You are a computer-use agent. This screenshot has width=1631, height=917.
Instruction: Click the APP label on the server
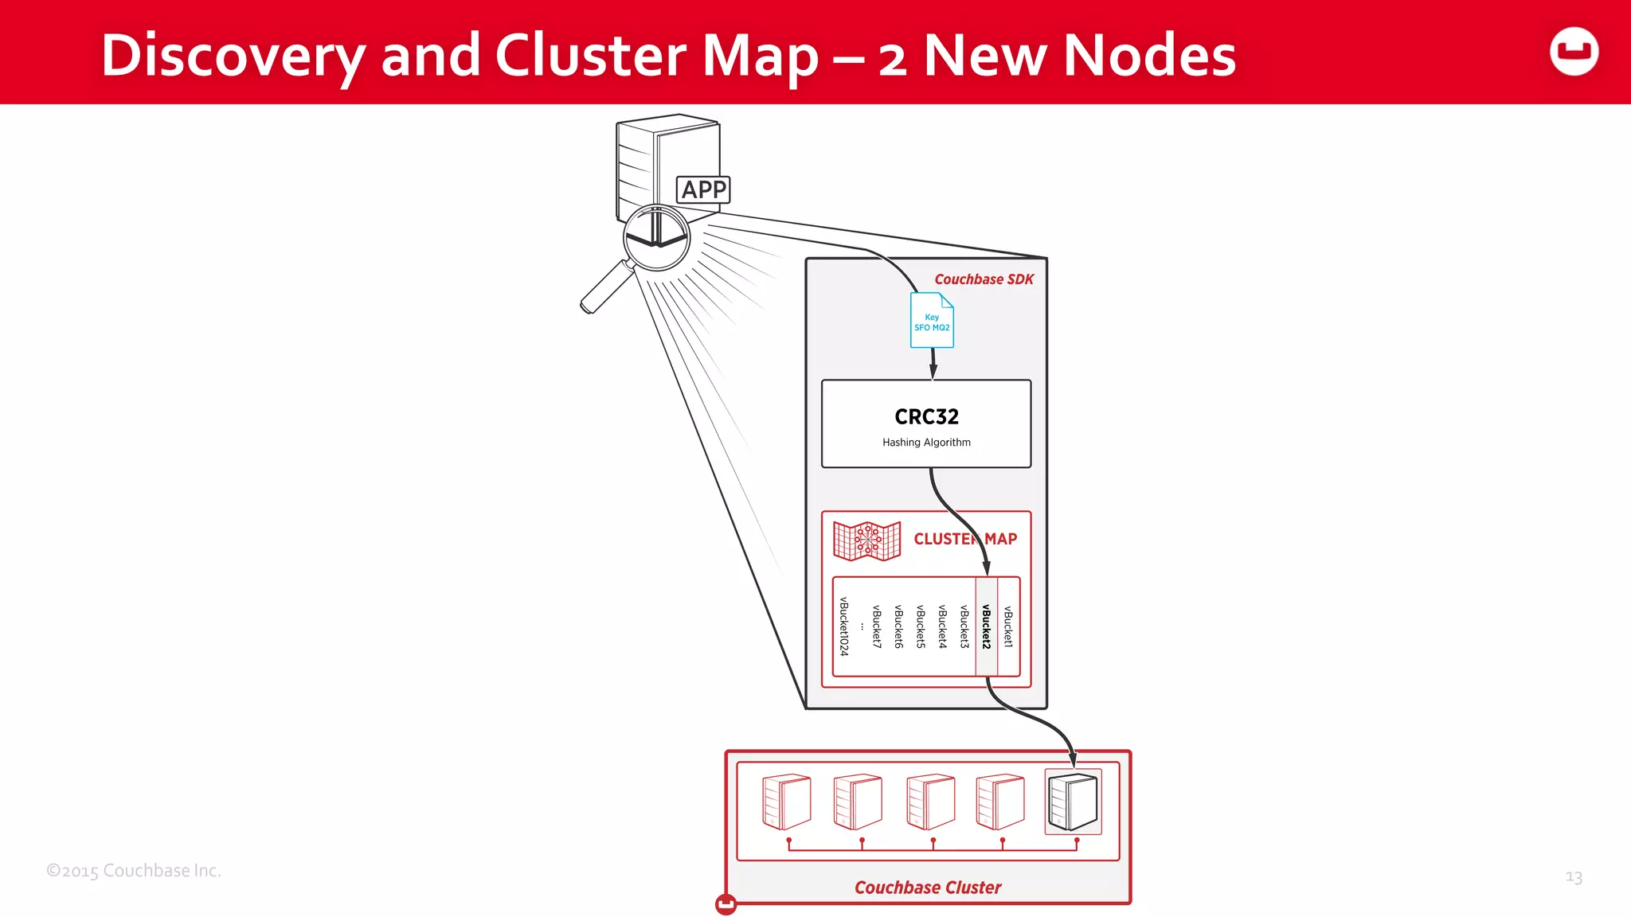coord(703,189)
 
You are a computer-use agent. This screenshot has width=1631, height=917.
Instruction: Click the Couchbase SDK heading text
coord(984,279)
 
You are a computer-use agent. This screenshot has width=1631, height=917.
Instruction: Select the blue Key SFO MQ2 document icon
coord(932,321)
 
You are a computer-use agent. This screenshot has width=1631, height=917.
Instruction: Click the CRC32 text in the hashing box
coord(926,416)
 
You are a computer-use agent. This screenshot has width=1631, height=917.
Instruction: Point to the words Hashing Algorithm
coord(926,443)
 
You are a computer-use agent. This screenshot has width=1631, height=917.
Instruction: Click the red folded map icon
coord(866,541)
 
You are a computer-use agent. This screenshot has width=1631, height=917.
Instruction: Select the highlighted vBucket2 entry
coord(986,626)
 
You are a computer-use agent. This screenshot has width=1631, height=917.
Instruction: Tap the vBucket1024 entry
coord(844,626)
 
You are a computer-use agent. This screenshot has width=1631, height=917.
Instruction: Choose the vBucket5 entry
coord(921,626)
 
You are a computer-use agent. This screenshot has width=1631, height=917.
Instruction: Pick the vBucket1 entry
coord(1008,626)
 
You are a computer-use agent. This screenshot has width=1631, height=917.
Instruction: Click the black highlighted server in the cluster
coord(1073,802)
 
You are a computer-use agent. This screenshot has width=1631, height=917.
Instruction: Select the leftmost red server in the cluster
coord(787,802)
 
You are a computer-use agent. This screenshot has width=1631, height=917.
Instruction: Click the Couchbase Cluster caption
coord(927,888)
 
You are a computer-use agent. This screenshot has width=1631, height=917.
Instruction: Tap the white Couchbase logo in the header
coord(1574,52)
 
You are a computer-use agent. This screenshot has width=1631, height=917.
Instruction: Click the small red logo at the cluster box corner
coord(726,904)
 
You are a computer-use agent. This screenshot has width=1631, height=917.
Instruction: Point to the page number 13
coord(1574,877)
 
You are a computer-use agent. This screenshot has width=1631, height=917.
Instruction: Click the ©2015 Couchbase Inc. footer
coord(134,871)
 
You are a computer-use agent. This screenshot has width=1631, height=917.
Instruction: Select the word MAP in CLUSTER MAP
coord(1001,539)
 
